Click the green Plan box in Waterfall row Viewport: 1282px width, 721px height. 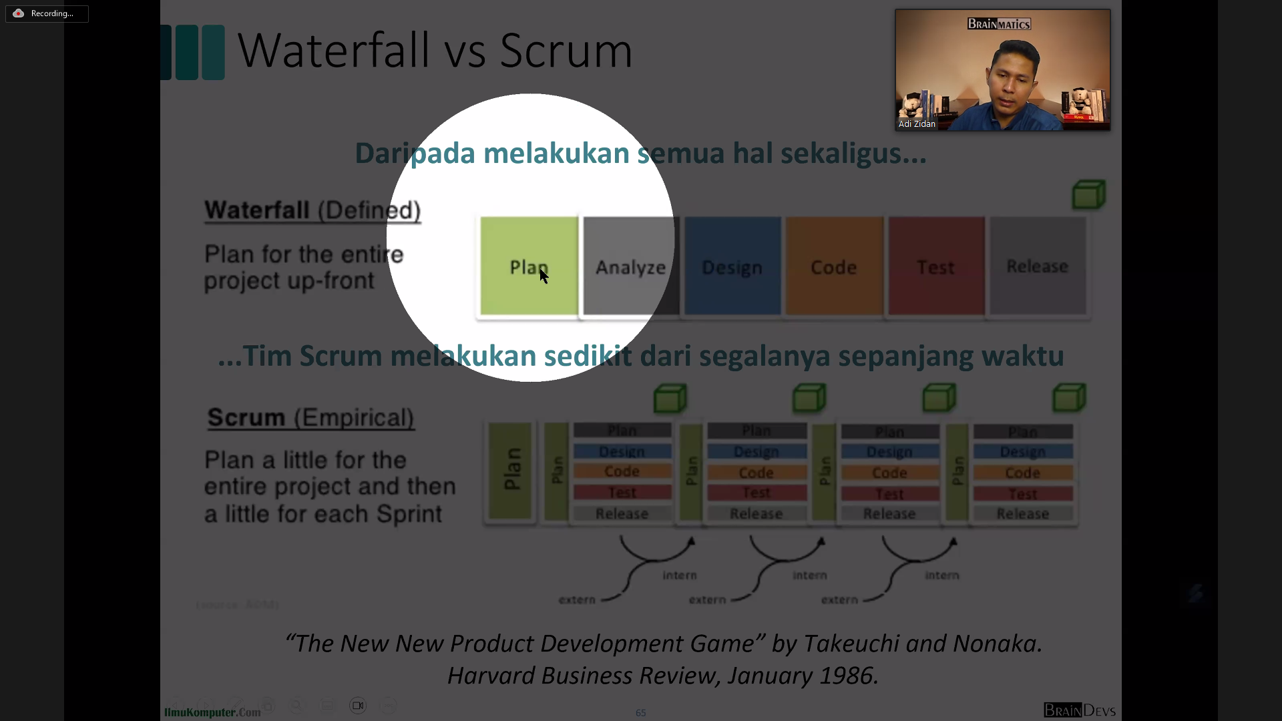(529, 266)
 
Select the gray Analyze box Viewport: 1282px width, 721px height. (630, 266)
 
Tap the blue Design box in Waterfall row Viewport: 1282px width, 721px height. (732, 266)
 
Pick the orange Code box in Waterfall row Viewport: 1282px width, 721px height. (834, 266)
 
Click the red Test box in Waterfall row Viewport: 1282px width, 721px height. (936, 266)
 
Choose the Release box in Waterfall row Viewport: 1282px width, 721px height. (1038, 266)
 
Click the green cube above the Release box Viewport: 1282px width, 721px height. (1088, 195)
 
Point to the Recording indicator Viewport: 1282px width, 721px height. (47, 13)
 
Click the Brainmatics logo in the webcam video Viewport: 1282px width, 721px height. (999, 24)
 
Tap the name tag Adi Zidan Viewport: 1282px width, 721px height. (917, 124)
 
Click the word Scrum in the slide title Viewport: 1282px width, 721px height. (566, 51)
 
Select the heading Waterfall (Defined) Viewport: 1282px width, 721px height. (312, 210)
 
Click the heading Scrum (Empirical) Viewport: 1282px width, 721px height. (310, 418)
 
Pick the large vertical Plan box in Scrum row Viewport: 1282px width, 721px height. (511, 470)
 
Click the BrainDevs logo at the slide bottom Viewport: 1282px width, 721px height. (1079, 710)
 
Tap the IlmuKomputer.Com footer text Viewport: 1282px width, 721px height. (212, 712)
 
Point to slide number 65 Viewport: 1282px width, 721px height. (640, 713)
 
